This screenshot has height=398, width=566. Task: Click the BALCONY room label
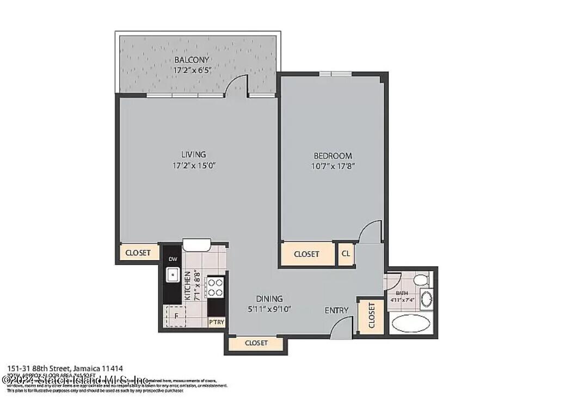[x=192, y=59]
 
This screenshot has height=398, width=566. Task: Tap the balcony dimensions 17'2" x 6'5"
[x=192, y=70]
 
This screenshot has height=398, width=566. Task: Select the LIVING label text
[x=193, y=154]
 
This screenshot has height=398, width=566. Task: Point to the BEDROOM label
[x=333, y=155]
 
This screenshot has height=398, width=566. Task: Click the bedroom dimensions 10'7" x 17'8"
[x=333, y=166]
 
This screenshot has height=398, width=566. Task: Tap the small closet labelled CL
[x=346, y=254]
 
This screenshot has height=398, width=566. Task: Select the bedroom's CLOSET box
[x=306, y=254]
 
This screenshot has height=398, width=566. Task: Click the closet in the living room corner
[x=138, y=253]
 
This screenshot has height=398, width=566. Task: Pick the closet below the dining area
[x=256, y=343]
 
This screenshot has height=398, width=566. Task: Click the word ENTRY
[x=336, y=310]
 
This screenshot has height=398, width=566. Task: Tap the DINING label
[x=269, y=298]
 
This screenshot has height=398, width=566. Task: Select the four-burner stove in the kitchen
[x=215, y=287]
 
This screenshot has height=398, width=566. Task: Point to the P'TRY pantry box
[x=216, y=322]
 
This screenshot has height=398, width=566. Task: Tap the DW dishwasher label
[x=173, y=259]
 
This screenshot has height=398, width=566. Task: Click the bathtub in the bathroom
[x=411, y=323]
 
